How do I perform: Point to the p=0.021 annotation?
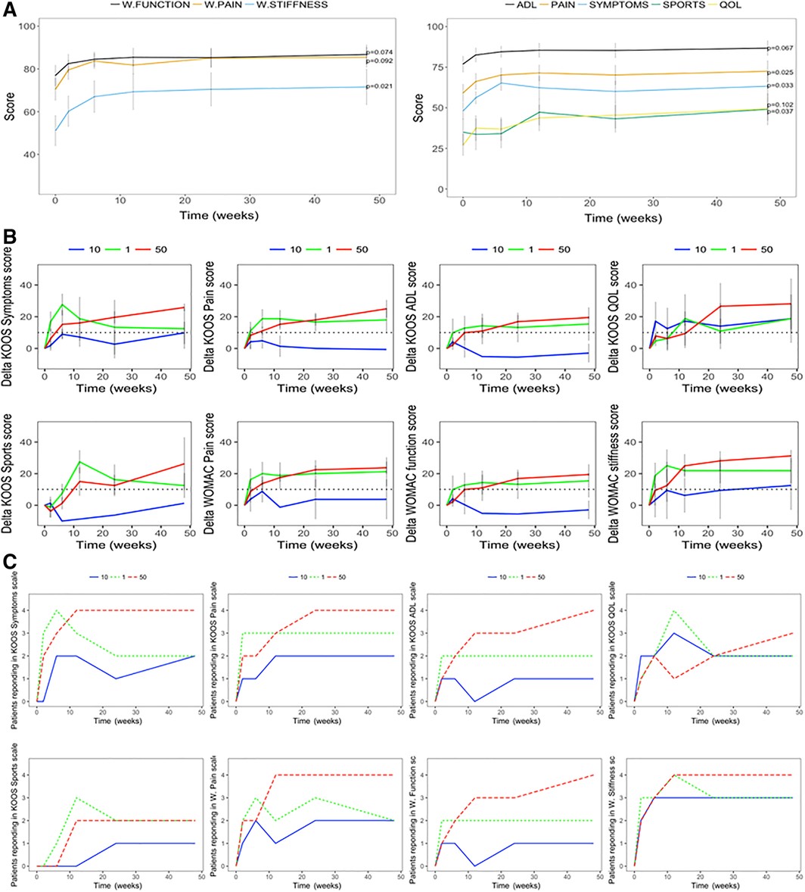[x=381, y=86]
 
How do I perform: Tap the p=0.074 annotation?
[x=381, y=51]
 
